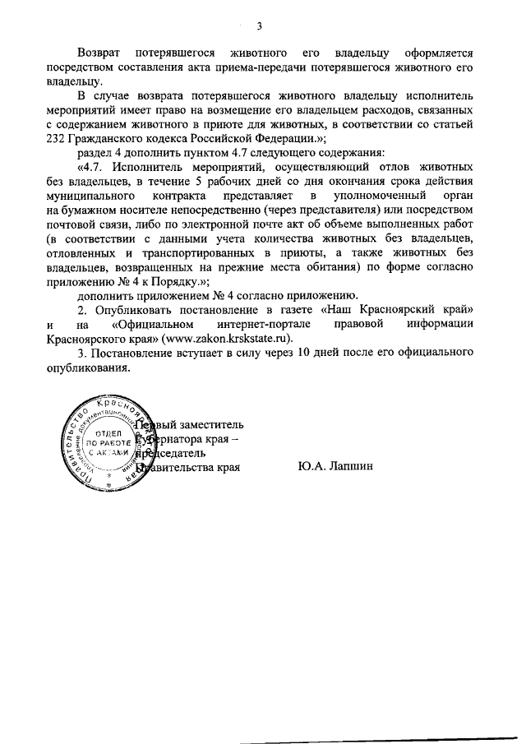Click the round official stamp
(x=104, y=449)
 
